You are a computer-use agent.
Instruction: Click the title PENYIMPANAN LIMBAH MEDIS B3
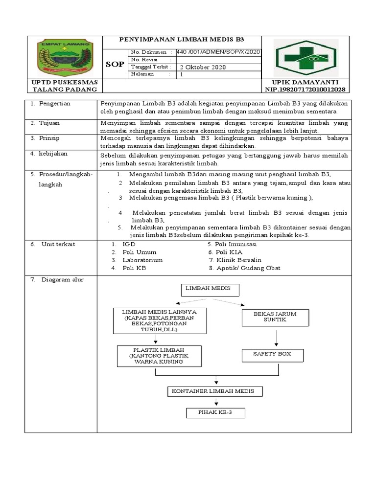point(182,40)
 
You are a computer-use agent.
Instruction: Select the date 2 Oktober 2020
point(203,68)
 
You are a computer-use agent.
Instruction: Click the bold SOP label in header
point(115,64)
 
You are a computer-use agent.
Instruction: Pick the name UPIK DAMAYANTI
point(305,82)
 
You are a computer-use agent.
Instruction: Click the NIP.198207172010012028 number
point(305,90)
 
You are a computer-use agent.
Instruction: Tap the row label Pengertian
point(54,104)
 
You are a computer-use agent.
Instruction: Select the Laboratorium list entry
point(142,260)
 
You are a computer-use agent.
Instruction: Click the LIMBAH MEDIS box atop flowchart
point(211,290)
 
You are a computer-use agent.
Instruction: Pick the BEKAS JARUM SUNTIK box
point(276,317)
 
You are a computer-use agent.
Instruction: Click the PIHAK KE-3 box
point(215,413)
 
